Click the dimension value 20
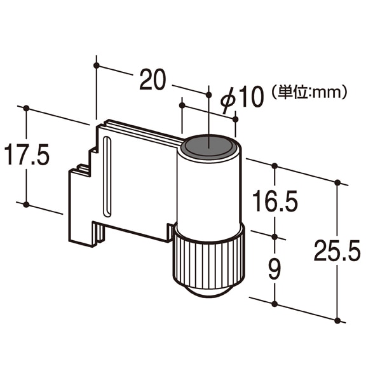coord(153,79)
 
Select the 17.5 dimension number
coord(27,154)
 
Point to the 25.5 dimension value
coord(337,250)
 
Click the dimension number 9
coord(275,269)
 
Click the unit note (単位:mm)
coord(309,92)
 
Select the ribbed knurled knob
coord(208,263)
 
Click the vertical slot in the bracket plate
coord(107,176)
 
